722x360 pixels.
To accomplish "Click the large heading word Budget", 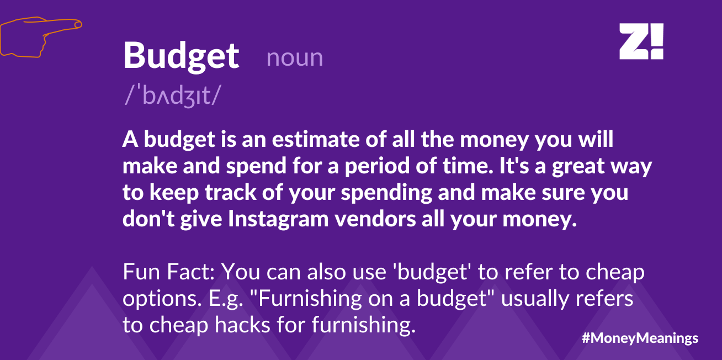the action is (181, 57).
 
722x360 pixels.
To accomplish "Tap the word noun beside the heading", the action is (295, 58).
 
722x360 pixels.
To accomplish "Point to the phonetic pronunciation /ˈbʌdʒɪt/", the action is (173, 95).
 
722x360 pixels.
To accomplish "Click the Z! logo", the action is (641, 41).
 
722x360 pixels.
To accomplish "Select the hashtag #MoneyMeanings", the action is (640, 338).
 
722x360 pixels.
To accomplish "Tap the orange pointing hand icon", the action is (41, 37).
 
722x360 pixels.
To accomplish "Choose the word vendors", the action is (375, 219).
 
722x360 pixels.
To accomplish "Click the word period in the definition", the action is (378, 167).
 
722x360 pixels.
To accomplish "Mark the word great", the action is (578, 167).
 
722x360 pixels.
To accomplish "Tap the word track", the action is (231, 193).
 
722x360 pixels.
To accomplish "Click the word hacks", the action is (242, 325).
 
